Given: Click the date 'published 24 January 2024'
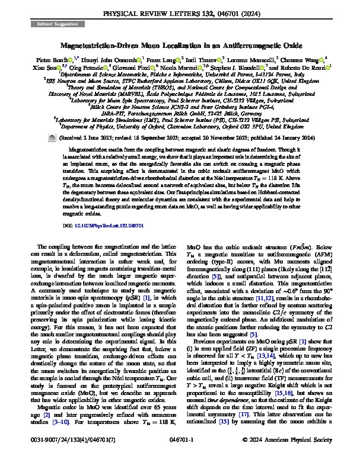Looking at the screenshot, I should click(x=282, y=118).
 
